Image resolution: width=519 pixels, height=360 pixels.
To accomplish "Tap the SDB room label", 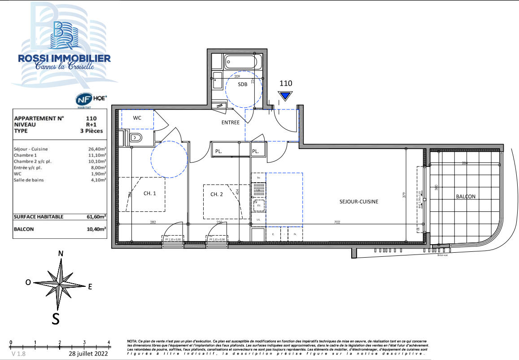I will coord(243,84).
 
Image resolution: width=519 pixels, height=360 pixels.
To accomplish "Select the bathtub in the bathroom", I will coord(242,62).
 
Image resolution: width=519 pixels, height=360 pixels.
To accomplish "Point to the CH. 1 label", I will coord(150,193).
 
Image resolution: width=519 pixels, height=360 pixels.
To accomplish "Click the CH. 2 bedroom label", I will coord(217,194).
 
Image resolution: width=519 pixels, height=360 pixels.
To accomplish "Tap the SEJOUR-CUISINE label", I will coord(359,202).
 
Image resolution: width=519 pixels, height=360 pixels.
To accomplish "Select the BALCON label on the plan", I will coord(466,197).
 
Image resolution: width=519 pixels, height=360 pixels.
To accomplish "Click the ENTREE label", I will coord(231,123).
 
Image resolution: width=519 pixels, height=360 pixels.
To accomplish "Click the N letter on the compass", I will coord(61,254).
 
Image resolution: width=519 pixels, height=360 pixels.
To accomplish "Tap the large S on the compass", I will coord(56,318).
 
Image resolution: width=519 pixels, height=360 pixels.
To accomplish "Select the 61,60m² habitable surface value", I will coord(96,217).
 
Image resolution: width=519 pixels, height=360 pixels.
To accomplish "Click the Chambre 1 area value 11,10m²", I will coord(97,155).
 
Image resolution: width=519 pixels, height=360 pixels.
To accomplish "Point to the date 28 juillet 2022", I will coord(88,354).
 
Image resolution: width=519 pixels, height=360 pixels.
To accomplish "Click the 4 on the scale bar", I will coord(109,342).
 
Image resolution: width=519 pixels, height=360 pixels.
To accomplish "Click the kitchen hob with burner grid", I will coord(257,190).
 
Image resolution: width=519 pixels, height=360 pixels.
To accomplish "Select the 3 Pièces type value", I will coord(91,131).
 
